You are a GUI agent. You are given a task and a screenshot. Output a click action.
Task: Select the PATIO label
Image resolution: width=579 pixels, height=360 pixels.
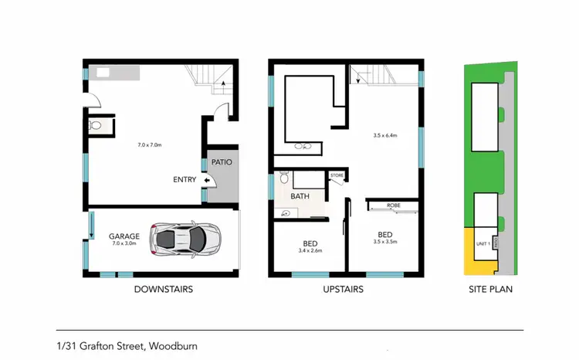[222, 162]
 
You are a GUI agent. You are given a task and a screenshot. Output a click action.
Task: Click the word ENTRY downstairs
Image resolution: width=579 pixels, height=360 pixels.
[185, 181]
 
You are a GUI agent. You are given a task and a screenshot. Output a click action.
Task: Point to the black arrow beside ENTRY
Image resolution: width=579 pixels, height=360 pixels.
[207, 181]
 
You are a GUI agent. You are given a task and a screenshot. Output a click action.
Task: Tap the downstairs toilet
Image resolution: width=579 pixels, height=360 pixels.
[96, 124]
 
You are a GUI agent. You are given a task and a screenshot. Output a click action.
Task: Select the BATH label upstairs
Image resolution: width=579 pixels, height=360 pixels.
[300, 196]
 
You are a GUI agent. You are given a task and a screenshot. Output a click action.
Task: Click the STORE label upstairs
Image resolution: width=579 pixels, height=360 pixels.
[337, 176]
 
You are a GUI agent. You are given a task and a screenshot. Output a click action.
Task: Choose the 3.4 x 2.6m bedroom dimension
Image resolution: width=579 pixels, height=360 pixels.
[310, 250]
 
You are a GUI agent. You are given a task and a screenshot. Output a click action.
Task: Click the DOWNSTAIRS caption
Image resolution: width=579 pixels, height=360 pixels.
[163, 290]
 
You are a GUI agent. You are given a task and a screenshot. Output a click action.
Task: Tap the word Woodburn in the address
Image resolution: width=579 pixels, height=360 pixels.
[174, 346]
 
